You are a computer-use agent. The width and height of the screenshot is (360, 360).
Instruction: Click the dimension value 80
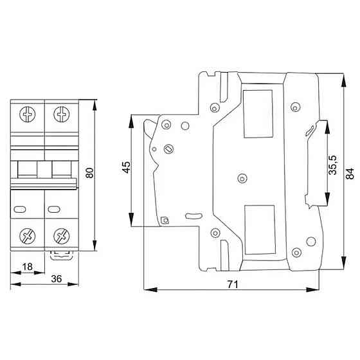[89, 172]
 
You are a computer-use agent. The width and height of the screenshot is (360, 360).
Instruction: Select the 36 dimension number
[56, 279]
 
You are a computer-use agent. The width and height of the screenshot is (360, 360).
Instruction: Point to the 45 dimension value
[127, 167]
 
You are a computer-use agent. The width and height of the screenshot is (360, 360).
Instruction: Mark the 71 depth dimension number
[231, 285]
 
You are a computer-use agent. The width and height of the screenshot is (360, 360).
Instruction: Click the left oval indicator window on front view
[19, 209]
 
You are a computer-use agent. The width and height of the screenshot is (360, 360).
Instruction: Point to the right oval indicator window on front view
[53, 209]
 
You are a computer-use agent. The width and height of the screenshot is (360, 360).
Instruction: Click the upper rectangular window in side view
[258, 114]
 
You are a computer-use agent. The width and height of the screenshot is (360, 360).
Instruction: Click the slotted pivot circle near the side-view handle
[170, 149]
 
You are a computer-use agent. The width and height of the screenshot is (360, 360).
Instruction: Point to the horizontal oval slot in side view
[193, 215]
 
